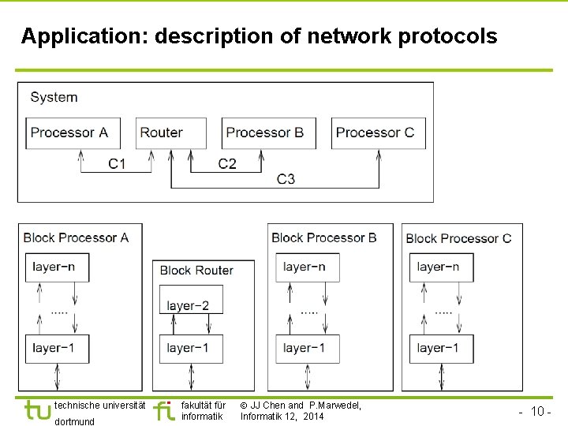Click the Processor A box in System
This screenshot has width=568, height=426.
[73, 133]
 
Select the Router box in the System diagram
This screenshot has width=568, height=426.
[171, 133]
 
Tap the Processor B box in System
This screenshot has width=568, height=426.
[269, 133]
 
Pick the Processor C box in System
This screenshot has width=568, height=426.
[379, 133]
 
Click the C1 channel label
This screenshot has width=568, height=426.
[117, 164]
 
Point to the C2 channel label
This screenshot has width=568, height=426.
[227, 164]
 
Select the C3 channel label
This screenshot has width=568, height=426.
[286, 179]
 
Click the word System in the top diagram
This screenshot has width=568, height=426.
[54, 97]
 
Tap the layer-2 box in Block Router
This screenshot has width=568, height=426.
[191, 299]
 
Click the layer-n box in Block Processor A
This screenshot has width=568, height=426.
[58, 267]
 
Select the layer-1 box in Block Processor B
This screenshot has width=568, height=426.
[308, 349]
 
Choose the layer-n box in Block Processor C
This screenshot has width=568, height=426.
[441, 267]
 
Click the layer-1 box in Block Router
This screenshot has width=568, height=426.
[191, 349]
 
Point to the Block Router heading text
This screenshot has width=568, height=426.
[196, 271]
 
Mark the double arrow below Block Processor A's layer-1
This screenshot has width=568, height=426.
[57, 377]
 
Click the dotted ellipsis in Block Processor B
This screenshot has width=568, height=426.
[309, 312]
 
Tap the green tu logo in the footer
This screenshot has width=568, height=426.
[38, 410]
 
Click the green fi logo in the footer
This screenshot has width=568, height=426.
[164, 410]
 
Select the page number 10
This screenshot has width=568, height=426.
[537, 411]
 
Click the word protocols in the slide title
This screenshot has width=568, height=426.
[447, 36]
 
